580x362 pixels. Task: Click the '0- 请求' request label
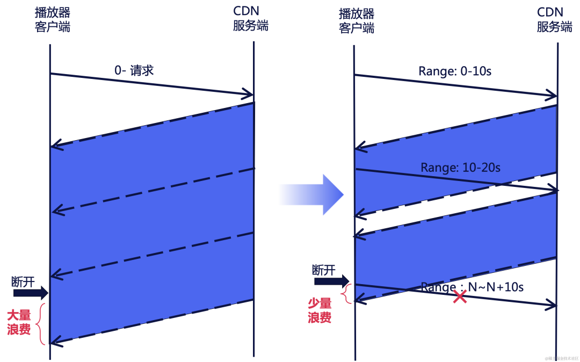[134, 70]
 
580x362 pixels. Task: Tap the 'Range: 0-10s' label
[455, 71]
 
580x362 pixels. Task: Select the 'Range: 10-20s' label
[460, 168]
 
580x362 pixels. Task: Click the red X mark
[459, 296]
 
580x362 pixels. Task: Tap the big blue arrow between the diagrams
[310, 194]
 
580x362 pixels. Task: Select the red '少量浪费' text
[320, 310]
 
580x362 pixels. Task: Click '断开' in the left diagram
[23, 281]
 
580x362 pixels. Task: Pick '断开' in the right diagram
[323, 270]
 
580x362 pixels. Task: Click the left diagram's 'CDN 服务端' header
[250, 19]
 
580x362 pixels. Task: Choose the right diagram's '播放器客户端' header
[356, 21]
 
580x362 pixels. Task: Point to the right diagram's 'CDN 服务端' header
[554, 21]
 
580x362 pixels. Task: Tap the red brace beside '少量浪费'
[347, 294]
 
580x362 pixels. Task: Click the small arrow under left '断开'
[31, 293]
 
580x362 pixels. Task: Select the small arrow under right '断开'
[331, 281]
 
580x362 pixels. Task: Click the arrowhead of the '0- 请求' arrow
[248, 95]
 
